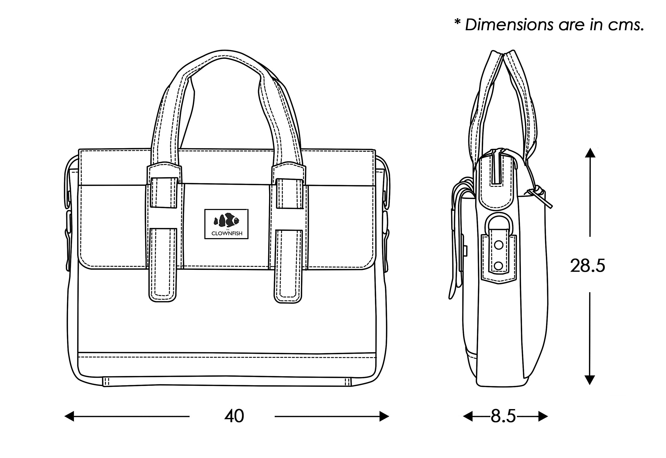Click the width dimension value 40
tap(234, 416)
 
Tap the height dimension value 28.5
tap(587, 266)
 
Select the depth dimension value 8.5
tap(503, 416)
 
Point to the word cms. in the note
tap(626, 25)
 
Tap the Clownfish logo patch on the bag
tap(226, 224)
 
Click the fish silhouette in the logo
tap(226, 220)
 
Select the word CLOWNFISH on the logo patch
tap(227, 234)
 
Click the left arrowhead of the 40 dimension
tap(69, 416)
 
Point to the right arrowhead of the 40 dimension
tap(384, 416)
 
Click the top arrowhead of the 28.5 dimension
tap(590, 153)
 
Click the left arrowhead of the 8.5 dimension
tap(468, 416)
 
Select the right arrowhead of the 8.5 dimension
tap(543, 416)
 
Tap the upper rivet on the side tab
tap(499, 245)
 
